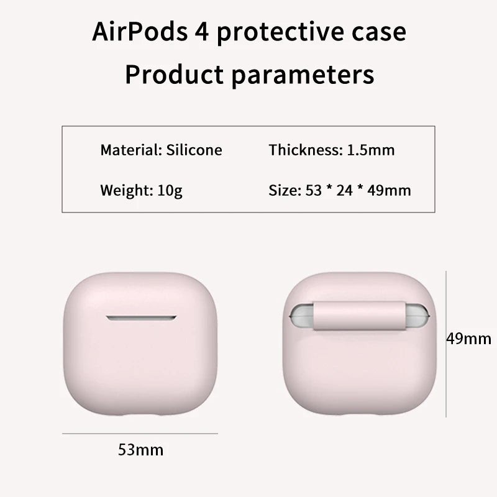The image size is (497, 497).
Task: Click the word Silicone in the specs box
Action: (194, 150)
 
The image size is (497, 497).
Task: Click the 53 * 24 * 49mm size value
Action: (358, 191)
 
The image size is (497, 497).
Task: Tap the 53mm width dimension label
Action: (140, 449)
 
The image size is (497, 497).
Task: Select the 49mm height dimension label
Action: (469, 339)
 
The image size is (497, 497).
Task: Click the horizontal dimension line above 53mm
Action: (140, 433)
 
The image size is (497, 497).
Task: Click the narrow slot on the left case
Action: (141, 318)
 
